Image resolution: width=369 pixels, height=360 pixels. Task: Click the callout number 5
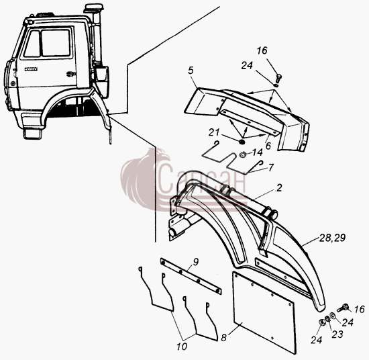191,71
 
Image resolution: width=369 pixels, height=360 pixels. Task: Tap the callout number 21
214,132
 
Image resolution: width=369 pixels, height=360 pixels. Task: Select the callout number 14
257,152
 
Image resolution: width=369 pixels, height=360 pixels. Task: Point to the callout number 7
271,168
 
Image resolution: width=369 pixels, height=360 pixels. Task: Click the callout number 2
279,188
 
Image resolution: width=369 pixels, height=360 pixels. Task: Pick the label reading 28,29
332,238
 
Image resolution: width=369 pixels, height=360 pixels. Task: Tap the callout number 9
195,262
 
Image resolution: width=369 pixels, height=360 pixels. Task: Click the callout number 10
182,347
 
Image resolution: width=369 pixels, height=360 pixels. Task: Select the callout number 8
223,338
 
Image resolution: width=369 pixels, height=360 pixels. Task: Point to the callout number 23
337,334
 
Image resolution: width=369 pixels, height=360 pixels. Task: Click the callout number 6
268,146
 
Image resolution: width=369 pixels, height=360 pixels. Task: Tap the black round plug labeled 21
242,142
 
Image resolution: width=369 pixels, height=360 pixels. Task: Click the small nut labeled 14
243,154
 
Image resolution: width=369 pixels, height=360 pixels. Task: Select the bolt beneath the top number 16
279,79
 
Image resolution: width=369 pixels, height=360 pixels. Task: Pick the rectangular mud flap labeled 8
264,312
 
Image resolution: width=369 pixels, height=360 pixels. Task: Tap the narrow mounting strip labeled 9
191,275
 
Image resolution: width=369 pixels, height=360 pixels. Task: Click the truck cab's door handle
70,74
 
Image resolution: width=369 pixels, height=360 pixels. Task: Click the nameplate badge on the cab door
31,69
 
